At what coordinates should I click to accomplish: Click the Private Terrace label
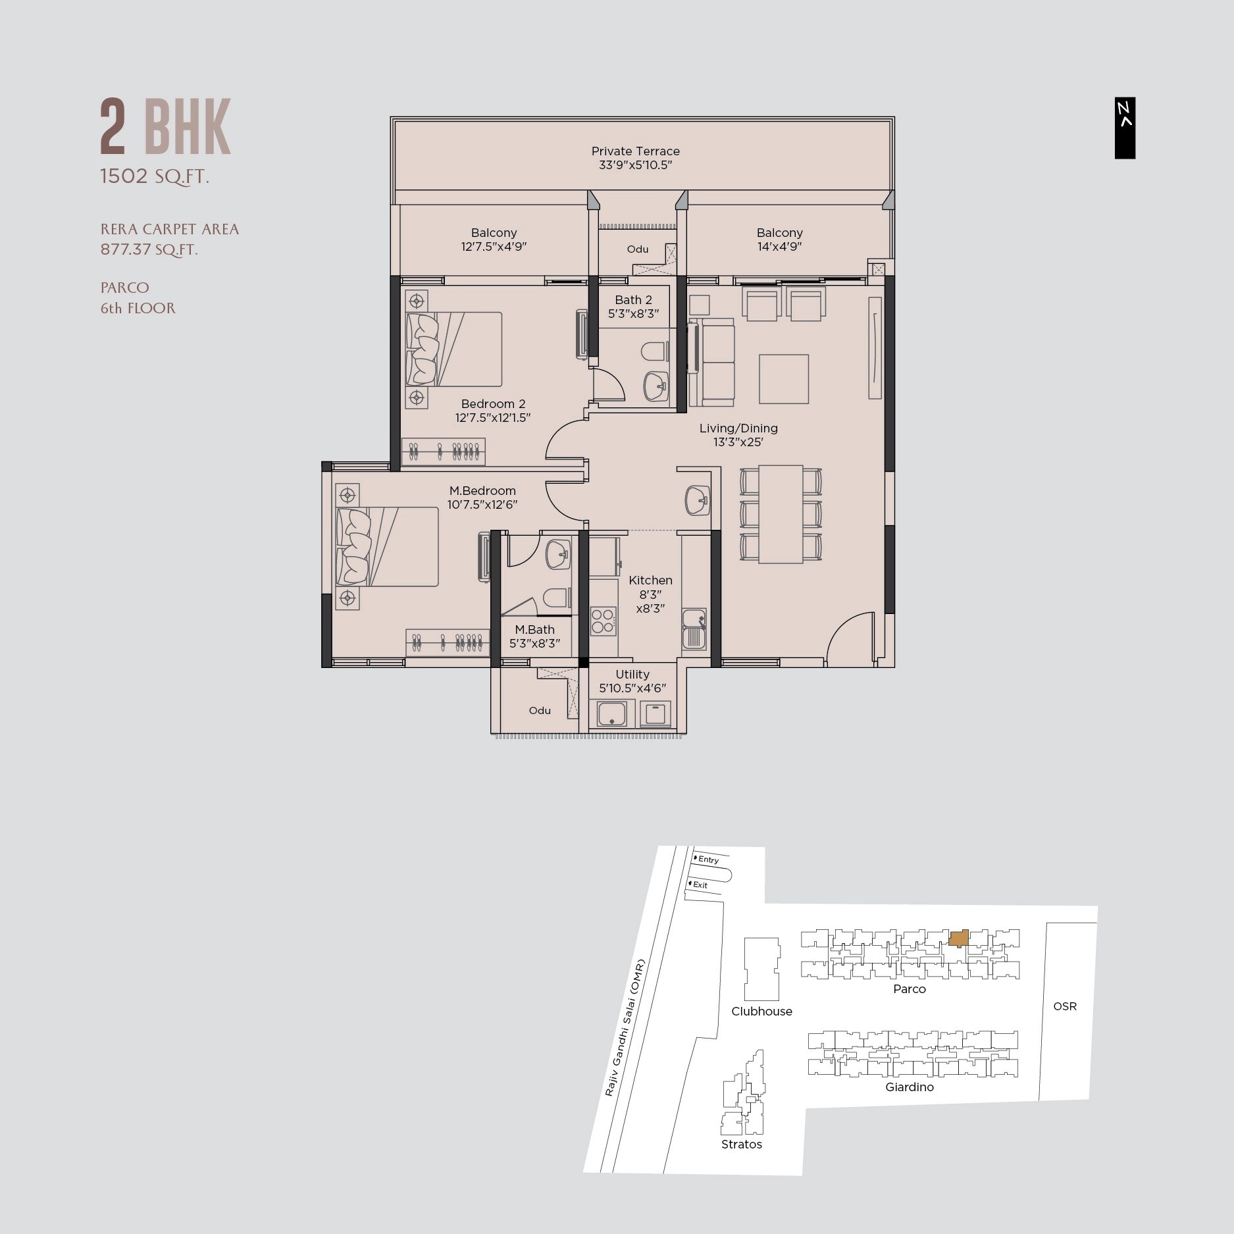[635, 151]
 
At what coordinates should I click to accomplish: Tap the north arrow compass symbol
[1125, 128]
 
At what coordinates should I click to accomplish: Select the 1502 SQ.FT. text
[155, 176]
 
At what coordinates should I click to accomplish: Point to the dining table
[781, 514]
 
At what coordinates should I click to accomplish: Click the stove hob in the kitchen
[602, 621]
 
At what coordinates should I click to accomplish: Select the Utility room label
[632, 674]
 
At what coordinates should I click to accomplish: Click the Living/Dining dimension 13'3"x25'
[738, 442]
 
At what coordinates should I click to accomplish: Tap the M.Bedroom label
[482, 490]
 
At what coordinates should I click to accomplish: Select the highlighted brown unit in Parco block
[959, 938]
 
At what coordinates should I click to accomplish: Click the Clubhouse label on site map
[761, 1012]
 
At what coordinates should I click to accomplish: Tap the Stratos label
[741, 1144]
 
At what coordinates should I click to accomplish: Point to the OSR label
[1064, 1006]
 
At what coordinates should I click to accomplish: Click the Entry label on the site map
[708, 860]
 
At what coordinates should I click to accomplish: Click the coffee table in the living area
[783, 379]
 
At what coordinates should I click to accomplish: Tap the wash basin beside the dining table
[697, 500]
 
